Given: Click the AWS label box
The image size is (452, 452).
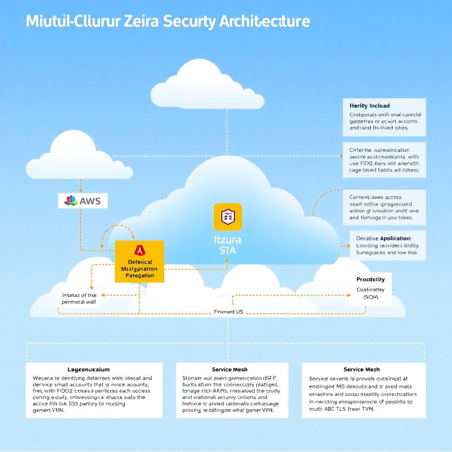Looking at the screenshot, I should click(x=83, y=201).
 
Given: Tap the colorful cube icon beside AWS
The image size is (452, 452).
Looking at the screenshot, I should click(x=71, y=201).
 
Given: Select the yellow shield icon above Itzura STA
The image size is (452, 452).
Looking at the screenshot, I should click(x=228, y=217).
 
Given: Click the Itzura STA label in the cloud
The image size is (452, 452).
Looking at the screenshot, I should click(x=227, y=246).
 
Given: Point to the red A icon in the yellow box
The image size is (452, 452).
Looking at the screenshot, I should click(x=139, y=250).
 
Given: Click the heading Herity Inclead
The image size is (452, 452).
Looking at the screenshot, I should click(x=369, y=105).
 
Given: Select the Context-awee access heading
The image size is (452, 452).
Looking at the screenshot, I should click(x=379, y=197).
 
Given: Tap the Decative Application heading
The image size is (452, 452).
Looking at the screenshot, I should click(x=384, y=238).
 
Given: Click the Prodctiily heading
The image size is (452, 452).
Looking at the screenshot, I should click(x=370, y=279).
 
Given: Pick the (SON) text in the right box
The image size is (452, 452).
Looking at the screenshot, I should click(x=371, y=297).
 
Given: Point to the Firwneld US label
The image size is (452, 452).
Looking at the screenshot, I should click(x=229, y=312).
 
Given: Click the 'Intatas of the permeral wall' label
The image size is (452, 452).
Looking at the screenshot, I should click(x=79, y=299).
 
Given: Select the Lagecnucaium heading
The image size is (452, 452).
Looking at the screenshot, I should click(x=88, y=369).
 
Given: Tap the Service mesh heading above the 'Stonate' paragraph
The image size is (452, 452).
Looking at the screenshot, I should click(x=230, y=369).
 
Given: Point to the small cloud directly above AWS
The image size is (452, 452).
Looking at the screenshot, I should click(x=79, y=157).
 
